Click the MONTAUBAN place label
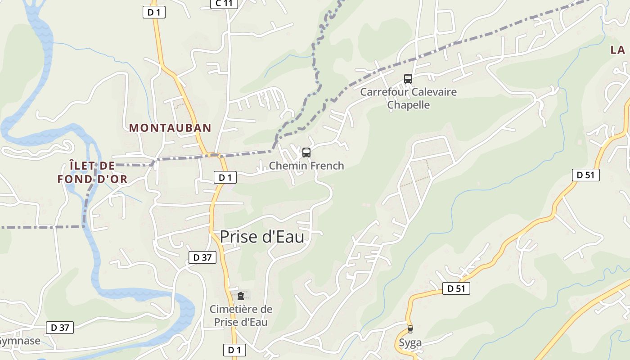170,128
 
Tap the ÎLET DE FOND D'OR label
92,172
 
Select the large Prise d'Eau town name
262,237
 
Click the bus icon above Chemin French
306,153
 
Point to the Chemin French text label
306,166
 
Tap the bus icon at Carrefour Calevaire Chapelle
408,79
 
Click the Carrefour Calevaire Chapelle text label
408,98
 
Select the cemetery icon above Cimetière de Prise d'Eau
241,296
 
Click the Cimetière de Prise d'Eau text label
241,315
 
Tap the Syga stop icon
409,329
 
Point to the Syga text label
410,343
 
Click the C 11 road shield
224,4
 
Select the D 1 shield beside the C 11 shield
154,12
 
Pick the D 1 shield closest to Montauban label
225,177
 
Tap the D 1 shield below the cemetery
234,350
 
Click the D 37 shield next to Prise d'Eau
202,257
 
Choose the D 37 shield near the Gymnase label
60,327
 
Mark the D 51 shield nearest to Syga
456,288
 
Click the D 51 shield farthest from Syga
585,175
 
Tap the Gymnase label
20,341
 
